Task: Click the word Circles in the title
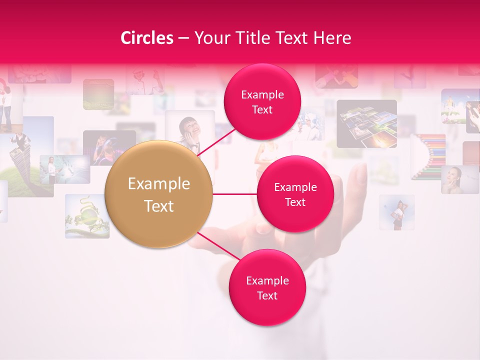pos(147,38)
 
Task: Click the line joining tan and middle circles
pos(234,194)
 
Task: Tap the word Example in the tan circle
pos(159,184)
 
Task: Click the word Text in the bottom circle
pos(267,295)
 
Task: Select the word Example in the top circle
pos(262,94)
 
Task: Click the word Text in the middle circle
pos(295,202)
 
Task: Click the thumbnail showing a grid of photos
pos(366,123)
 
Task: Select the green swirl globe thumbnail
pos(87,216)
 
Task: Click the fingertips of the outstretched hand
pos(357,172)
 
